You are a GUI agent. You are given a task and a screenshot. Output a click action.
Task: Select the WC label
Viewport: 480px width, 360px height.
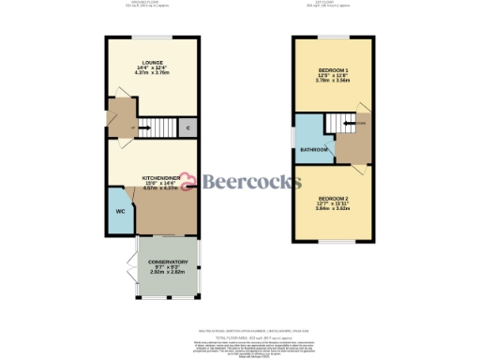point(120,212)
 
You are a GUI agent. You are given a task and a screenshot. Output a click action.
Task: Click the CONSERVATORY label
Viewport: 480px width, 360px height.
point(169,262)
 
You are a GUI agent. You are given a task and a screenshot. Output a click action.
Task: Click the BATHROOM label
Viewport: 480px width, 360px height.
point(314,150)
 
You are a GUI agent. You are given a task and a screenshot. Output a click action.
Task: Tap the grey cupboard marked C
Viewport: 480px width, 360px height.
point(187,127)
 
